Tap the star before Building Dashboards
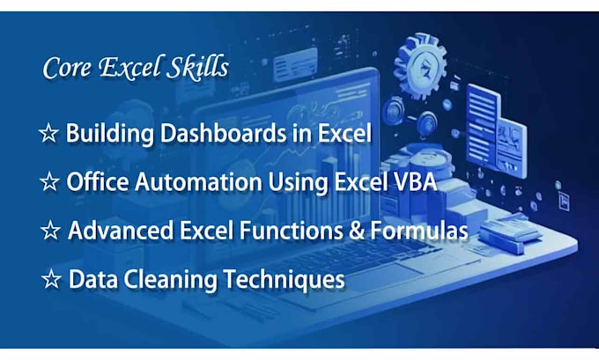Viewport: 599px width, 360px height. [x=48, y=134]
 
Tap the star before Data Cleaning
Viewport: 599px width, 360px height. [x=52, y=281]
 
